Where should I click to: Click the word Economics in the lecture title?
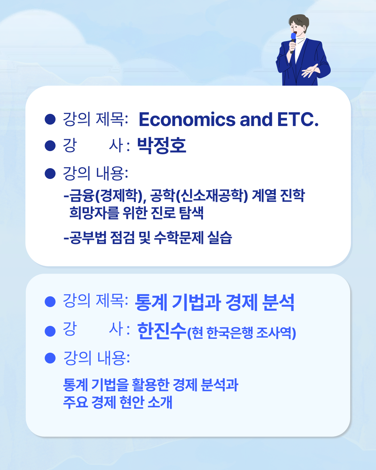[x=187, y=119]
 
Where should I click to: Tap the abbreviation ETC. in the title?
[x=298, y=119]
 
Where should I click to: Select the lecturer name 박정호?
[x=162, y=146]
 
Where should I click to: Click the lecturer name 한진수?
[x=162, y=331]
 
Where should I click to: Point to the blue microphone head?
[x=293, y=36]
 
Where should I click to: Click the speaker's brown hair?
[x=299, y=21]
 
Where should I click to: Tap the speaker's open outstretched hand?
[x=310, y=71]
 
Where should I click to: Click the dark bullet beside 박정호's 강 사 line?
[x=50, y=146]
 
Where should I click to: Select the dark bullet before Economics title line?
[x=50, y=119]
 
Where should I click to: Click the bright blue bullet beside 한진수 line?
[x=50, y=331]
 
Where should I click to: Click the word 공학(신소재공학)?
[x=199, y=196]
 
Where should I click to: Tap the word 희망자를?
[x=94, y=212]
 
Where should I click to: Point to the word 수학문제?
[x=179, y=237]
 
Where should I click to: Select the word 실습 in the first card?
[x=219, y=237]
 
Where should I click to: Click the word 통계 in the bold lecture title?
[x=151, y=302]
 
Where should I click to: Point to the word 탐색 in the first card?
[x=191, y=212]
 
